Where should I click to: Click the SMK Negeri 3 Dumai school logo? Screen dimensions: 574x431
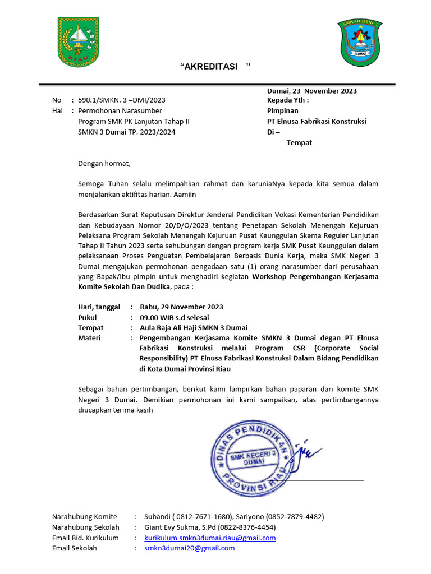click(x=359, y=43)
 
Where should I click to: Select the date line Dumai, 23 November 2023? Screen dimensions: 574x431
click(x=311, y=91)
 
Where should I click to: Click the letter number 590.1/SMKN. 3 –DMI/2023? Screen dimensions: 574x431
click(x=122, y=100)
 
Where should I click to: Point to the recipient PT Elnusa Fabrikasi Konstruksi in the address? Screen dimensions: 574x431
click(x=317, y=121)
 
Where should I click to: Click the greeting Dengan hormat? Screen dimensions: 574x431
click(x=104, y=164)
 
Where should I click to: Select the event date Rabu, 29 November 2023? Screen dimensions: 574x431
click(x=181, y=307)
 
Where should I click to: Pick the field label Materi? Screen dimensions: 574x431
click(x=89, y=338)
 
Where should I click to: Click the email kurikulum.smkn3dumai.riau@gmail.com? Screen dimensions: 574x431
click(x=210, y=538)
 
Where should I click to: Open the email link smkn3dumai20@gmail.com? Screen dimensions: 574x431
click(x=189, y=548)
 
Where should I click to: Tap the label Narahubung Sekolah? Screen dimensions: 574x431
click(x=85, y=527)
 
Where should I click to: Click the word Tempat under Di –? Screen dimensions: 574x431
click(x=299, y=142)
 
